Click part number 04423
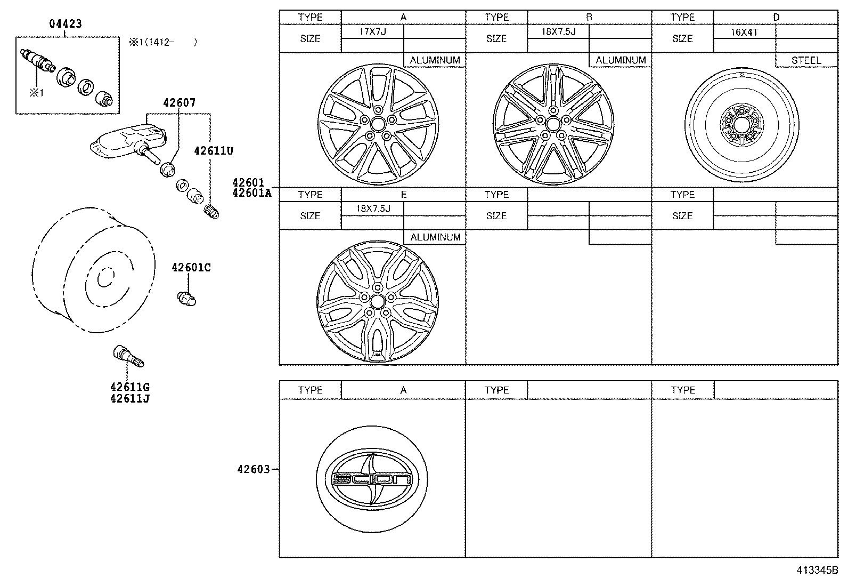(x=66, y=24)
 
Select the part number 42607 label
(x=179, y=102)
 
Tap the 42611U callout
(x=213, y=151)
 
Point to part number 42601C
(x=191, y=268)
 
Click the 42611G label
(x=129, y=387)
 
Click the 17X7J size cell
(x=372, y=31)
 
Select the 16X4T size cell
(x=744, y=31)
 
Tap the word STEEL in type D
(x=806, y=60)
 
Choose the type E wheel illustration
(x=377, y=301)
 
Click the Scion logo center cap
(x=372, y=479)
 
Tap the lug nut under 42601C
(x=186, y=298)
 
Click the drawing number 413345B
(x=817, y=570)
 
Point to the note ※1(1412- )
(x=162, y=42)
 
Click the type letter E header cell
(x=403, y=195)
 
